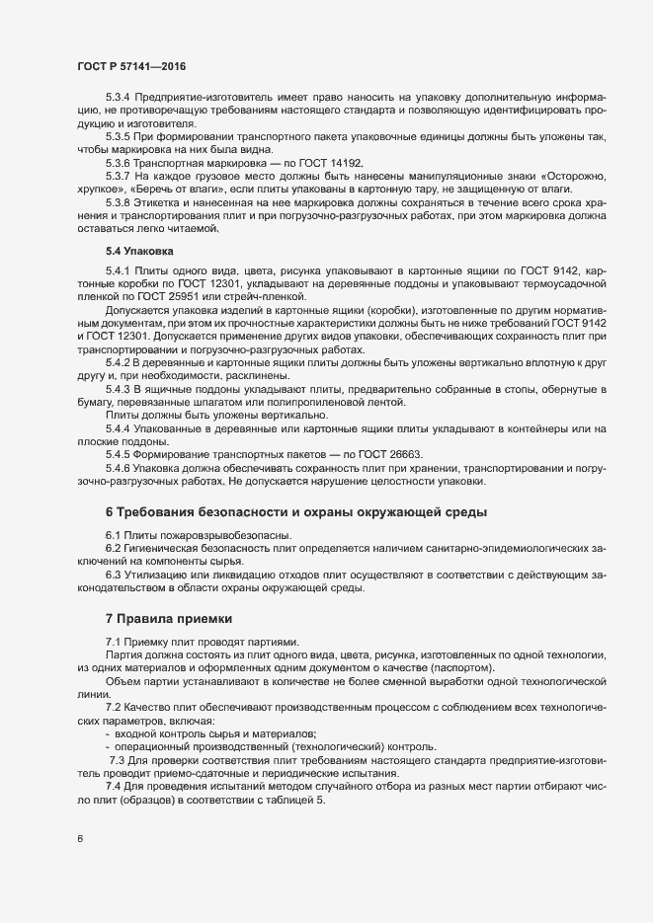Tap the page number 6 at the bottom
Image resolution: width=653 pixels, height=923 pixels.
tap(80, 840)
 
